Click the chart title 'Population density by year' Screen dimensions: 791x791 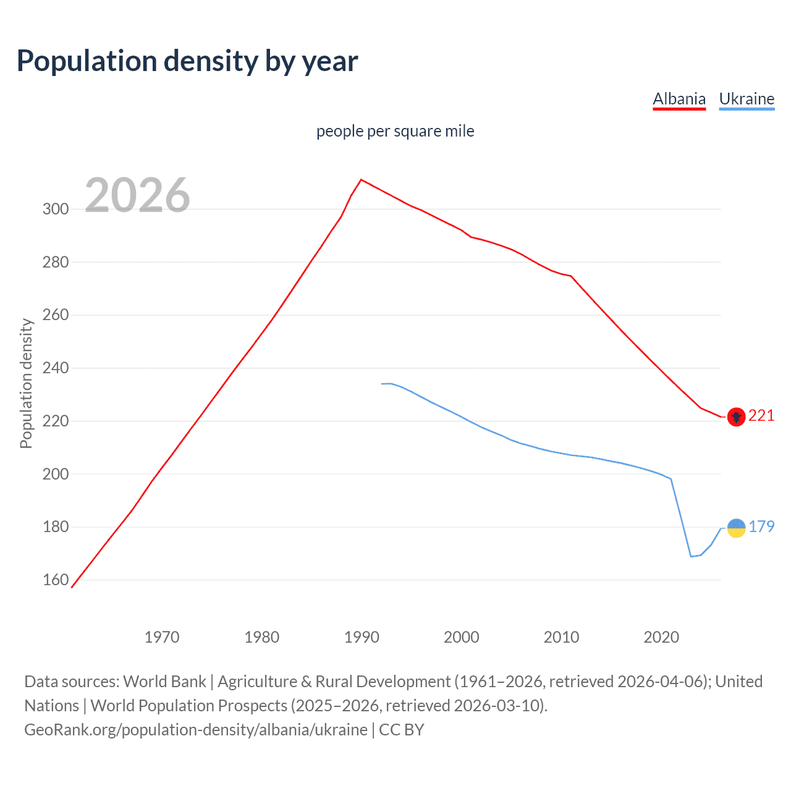click(187, 61)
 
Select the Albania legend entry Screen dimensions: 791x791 click(679, 99)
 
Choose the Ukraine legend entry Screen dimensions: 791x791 click(747, 99)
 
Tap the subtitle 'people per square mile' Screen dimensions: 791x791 click(395, 132)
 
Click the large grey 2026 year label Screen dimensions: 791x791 click(137, 195)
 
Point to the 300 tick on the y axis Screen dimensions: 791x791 click(56, 209)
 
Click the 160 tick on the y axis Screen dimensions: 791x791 click(56, 580)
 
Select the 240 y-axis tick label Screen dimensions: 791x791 click(56, 368)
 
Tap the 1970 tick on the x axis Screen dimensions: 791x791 click(162, 637)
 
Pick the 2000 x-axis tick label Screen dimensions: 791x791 click(461, 637)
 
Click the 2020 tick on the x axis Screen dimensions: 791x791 click(661, 637)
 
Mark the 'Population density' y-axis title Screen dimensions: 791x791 click(26, 383)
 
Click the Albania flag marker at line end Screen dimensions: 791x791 click(735, 418)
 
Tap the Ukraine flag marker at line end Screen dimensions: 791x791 click(736, 528)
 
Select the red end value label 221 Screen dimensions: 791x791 click(761, 416)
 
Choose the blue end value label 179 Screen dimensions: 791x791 click(761, 527)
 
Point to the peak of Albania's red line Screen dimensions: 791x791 click(361, 180)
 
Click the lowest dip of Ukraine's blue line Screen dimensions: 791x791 click(691, 556)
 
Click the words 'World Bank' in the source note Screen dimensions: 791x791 click(164, 682)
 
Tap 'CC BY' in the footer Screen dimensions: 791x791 click(402, 730)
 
